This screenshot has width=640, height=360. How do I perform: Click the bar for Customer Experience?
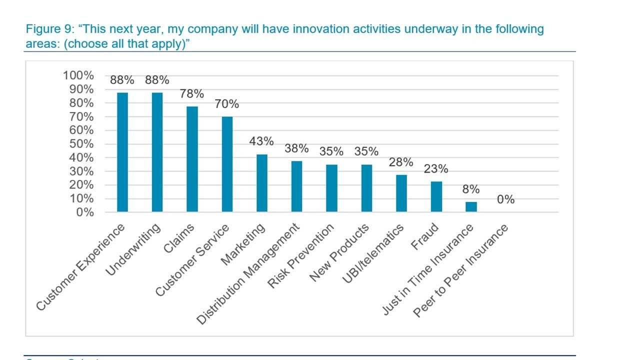122,152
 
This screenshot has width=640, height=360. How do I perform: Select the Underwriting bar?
157,152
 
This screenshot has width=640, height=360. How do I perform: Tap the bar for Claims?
192,159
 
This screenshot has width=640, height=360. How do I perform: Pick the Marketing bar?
262,183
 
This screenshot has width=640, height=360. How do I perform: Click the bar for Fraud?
436,196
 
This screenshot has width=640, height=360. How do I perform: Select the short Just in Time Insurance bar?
471,206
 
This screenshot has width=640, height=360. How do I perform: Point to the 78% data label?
192,94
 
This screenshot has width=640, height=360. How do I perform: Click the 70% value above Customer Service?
227,104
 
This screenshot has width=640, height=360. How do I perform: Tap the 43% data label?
261,141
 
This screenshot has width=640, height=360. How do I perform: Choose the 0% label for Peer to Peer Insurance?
505,199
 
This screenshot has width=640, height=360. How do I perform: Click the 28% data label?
401,162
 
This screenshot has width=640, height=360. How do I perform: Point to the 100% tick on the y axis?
78,75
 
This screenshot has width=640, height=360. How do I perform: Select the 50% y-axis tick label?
81,144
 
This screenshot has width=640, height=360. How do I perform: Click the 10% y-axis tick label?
81,198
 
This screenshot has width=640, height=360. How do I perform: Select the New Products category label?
339,252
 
